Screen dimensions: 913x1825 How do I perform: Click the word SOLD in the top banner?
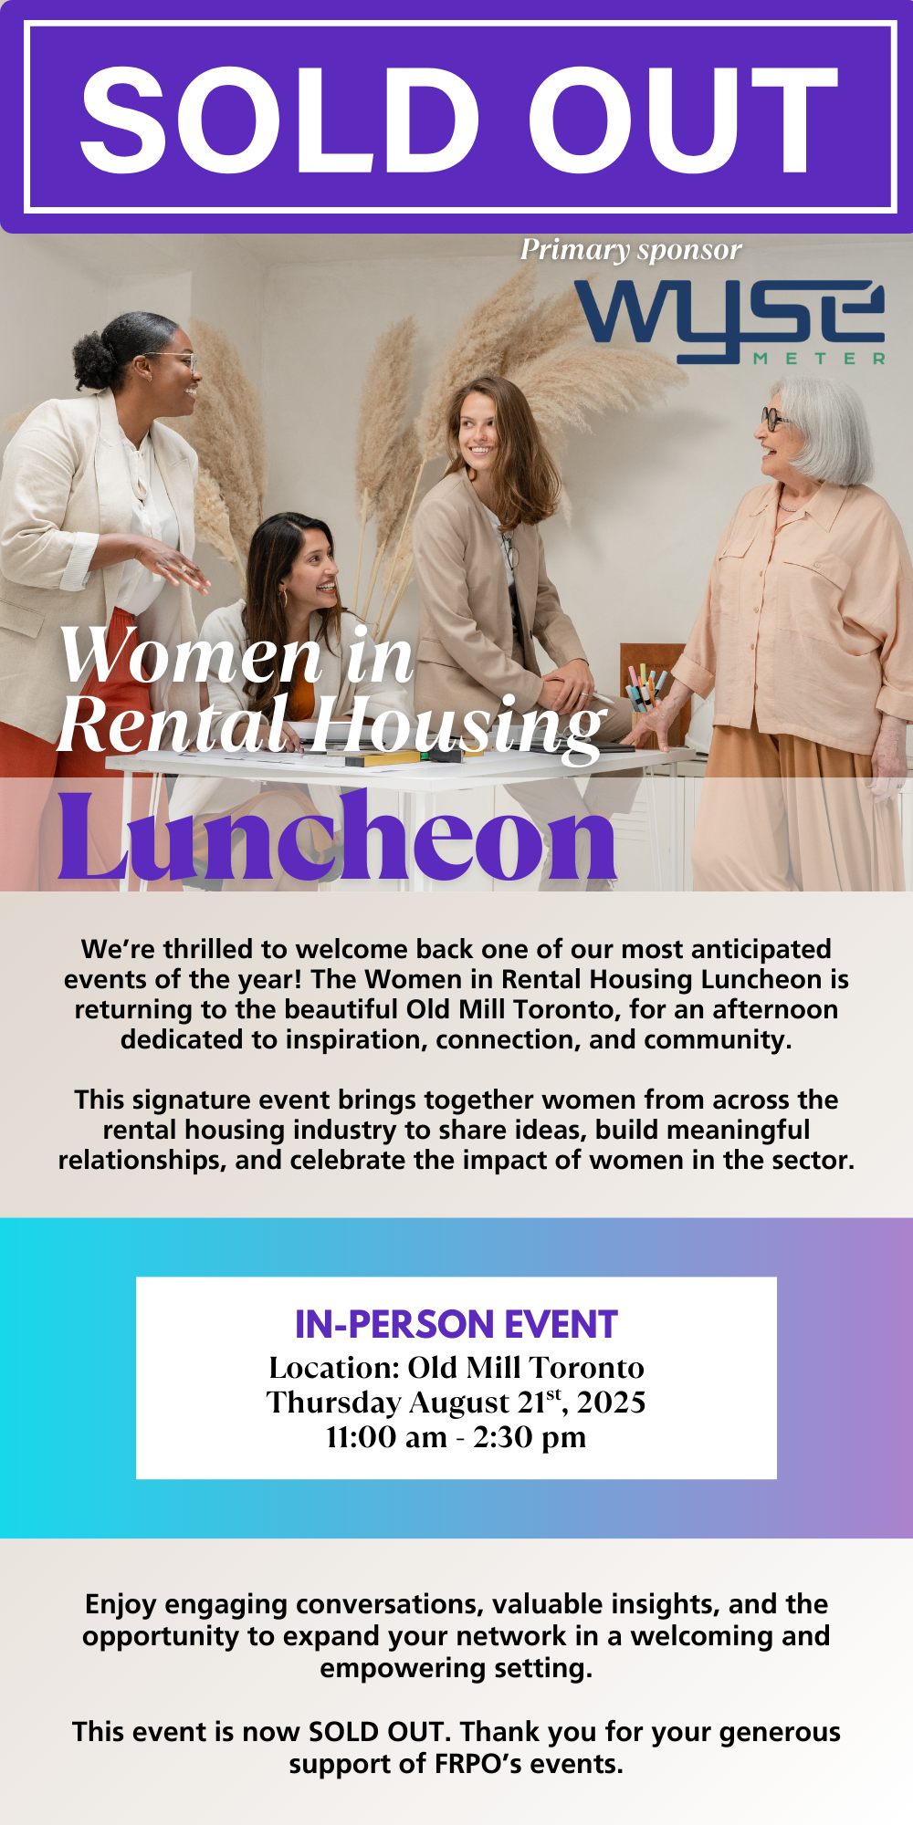pos(280,120)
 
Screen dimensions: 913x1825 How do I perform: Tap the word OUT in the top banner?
pos(683,120)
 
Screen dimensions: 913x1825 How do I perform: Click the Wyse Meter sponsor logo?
pos(729,321)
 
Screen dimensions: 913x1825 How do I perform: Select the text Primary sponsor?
pos(631,250)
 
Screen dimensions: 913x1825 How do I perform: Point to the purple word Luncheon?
pos(338,836)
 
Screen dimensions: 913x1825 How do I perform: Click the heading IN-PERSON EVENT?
pos(456,1324)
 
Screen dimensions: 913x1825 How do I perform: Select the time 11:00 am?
pos(387,1437)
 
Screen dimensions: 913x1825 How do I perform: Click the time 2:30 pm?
pos(530,1438)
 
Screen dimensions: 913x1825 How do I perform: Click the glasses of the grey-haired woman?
pos(774,420)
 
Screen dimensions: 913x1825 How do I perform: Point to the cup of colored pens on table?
pos(645,696)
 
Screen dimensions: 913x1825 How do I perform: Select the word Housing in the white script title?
pos(456,726)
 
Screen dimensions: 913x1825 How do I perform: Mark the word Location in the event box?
pos(334,1368)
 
